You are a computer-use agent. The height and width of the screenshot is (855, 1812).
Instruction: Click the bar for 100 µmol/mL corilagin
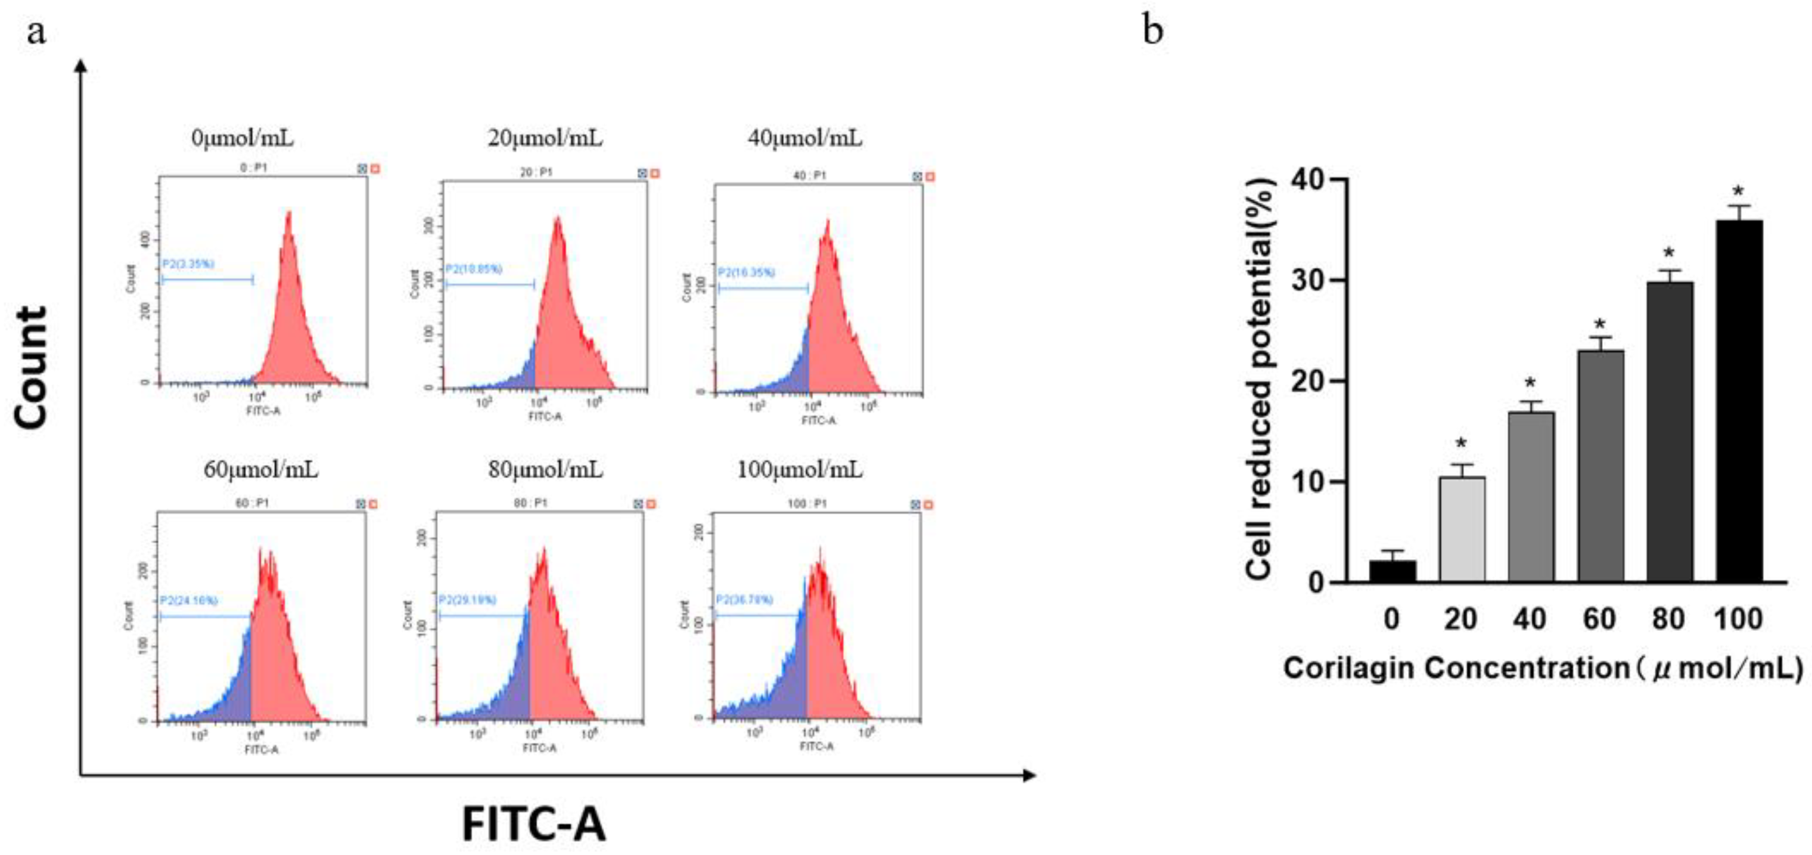pyautogui.click(x=1739, y=401)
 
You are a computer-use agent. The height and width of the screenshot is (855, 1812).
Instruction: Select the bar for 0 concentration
pyautogui.click(x=1392, y=571)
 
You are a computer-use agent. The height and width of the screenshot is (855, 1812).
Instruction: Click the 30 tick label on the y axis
pyautogui.click(x=1310, y=281)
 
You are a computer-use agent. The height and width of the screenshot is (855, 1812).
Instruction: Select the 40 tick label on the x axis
pyautogui.click(x=1530, y=619)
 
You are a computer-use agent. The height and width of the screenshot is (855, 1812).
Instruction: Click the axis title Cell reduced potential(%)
pyautogui.click(x=1259, y=380)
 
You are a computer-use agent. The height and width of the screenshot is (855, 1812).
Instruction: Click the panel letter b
pyautogui.click(x=1153, y=32)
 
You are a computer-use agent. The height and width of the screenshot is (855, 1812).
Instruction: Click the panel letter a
pyautogui.click(x=36, y=32)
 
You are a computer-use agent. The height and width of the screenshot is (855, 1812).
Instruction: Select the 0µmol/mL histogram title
pyautogui.click(x=243, y=138)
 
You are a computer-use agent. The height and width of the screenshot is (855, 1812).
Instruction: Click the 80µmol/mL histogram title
pyautogui.click(x=545, y=469)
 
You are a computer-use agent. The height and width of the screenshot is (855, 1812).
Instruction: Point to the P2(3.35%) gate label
pyautogui.click(x=188, y=264)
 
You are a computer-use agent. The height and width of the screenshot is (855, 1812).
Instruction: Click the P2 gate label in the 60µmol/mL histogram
pyautogui.click(x=188, y=600)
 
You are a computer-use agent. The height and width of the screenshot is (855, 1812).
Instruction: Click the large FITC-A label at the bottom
pyautogui.click(x=533, y=824)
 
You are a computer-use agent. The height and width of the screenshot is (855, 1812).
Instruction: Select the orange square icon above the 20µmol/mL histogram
pyautogui.click(x=655, y=173)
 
